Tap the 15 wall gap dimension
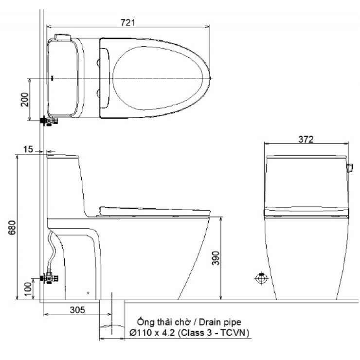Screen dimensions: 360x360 pyautogui.click(x=29, y=149)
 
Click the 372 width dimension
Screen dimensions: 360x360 pyautogui.click(x=306, y=139)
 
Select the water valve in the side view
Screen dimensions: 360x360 pyautogui.click(x=50, y=279)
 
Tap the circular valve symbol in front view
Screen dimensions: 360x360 pyautogui.click(x=261, y=279)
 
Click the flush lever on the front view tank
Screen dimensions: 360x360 pyautogui.click(x=349, y=169)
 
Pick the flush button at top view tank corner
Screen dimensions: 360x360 pyautogui.click(x=62, y=36)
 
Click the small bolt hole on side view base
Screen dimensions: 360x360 pyautogui.click(x=88, y=293)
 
